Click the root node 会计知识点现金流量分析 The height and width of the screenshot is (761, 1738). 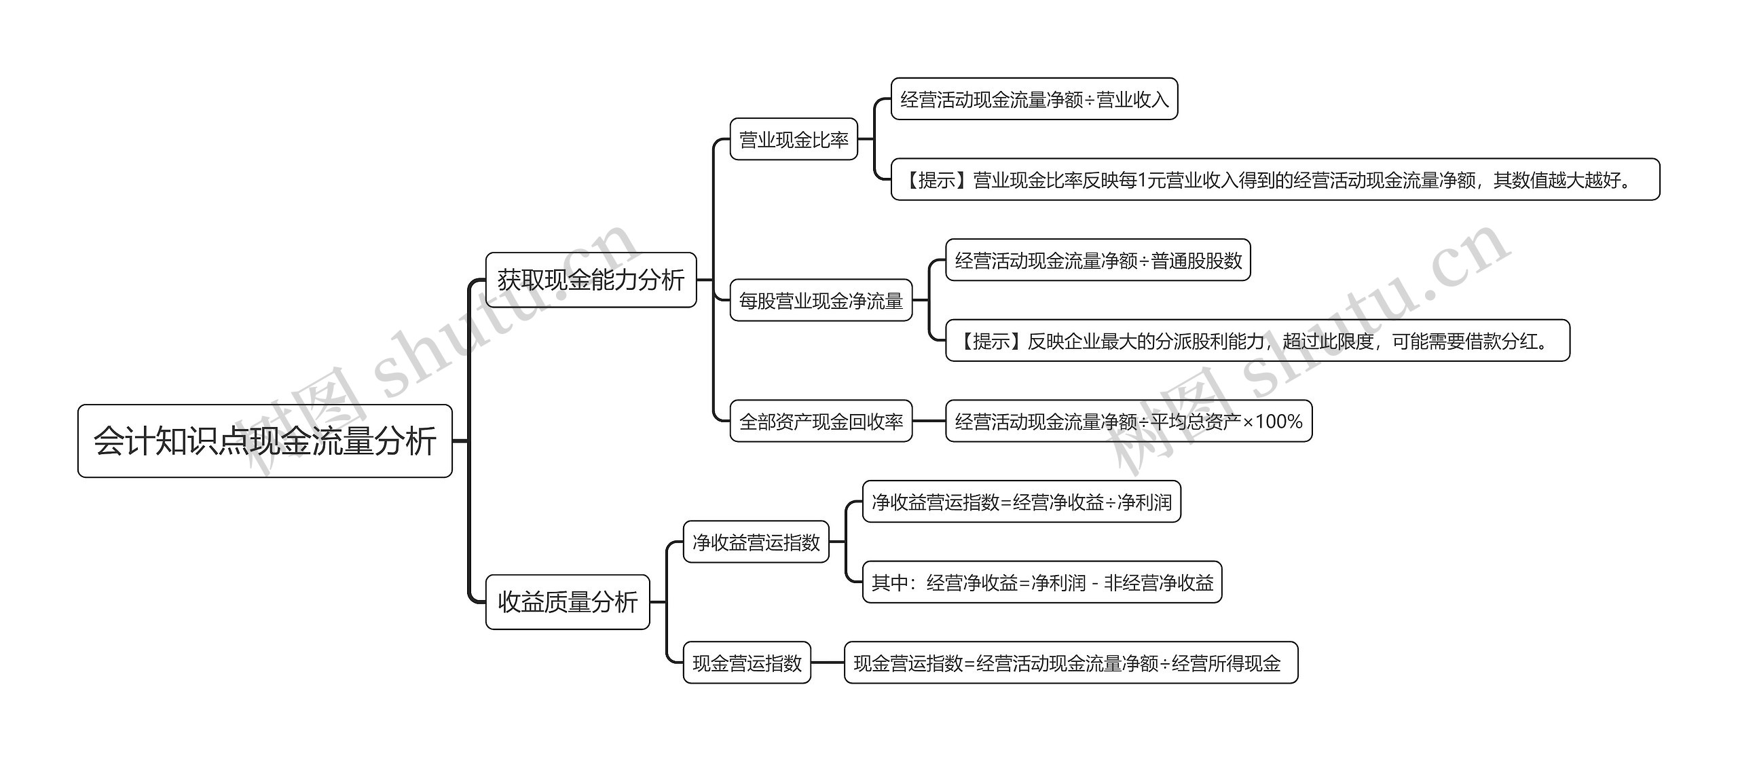(265, 441)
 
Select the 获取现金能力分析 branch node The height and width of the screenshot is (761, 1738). (591, 280)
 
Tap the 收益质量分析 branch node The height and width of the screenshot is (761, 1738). (568, 601)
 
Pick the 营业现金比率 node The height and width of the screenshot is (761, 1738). (794, 139)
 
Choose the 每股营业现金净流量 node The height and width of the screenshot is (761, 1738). (821, 300)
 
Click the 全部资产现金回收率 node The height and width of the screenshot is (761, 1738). (821, 421)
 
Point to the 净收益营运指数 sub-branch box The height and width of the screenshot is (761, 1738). (756, 542)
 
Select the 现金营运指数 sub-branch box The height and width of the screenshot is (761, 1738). (747, 663)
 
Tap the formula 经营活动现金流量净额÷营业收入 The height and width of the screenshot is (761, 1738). (1034, 99)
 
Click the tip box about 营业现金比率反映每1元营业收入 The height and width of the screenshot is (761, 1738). (1275, 179)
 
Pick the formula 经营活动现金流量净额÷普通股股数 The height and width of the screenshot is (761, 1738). (1098, 260)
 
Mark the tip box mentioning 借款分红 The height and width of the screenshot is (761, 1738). (1257, 340)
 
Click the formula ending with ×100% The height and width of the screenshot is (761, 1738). (1128, 421)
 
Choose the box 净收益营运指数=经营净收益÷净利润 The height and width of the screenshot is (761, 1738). (1022, 502)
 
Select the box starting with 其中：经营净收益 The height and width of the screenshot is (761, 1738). (1042, 582)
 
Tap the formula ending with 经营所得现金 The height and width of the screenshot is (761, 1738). (1071, 663)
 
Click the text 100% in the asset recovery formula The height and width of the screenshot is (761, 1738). (1278, 422)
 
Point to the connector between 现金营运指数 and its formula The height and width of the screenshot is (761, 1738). (828, 663)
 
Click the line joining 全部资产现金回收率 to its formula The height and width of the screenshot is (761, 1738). (929, 421)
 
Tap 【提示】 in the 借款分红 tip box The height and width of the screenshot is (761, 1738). (991, 341)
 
